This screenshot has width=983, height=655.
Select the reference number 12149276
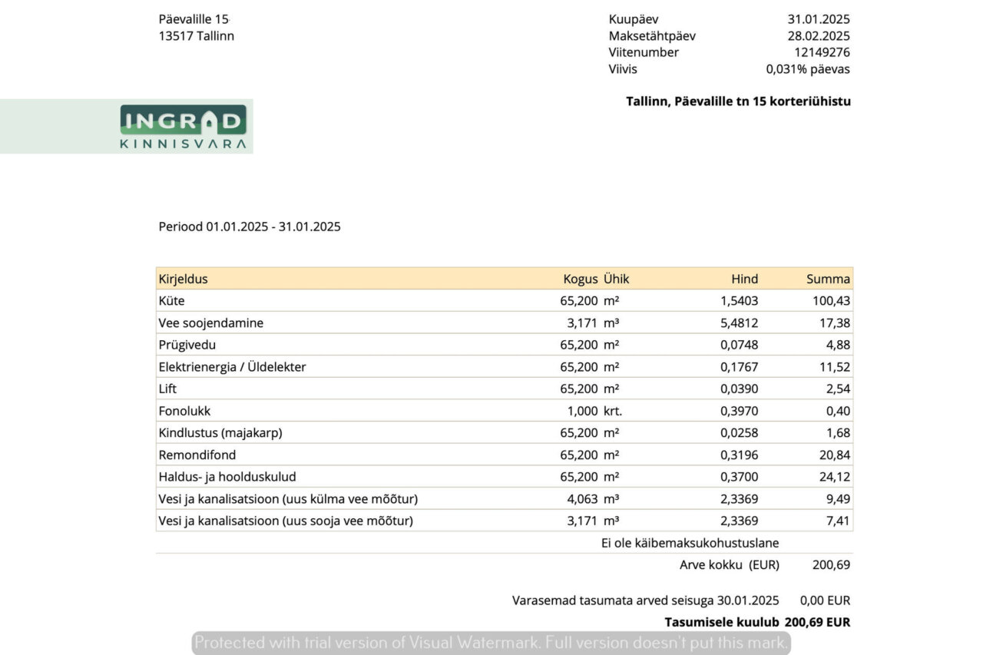tap(822, 52)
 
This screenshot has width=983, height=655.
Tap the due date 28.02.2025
tap(819, 36)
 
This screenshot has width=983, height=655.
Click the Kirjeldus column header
tap(184, 279)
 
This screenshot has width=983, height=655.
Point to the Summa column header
tap(828, 279)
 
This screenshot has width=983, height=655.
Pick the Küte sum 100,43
tap(831, 301)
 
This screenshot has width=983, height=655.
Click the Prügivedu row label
tap(187, 345)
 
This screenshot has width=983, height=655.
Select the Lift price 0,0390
tap(739, 389)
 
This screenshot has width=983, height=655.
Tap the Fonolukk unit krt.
tap(613, 411)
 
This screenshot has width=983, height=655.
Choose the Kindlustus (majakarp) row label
tap(220, 432)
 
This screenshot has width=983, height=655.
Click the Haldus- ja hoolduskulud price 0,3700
tap(739, 477)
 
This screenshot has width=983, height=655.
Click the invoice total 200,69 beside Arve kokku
tap(831, 565)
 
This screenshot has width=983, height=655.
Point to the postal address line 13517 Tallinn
tap(196, 36)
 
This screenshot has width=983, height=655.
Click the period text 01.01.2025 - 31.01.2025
tap(273, 227)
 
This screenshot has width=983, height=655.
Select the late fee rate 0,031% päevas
tap(808, 69)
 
